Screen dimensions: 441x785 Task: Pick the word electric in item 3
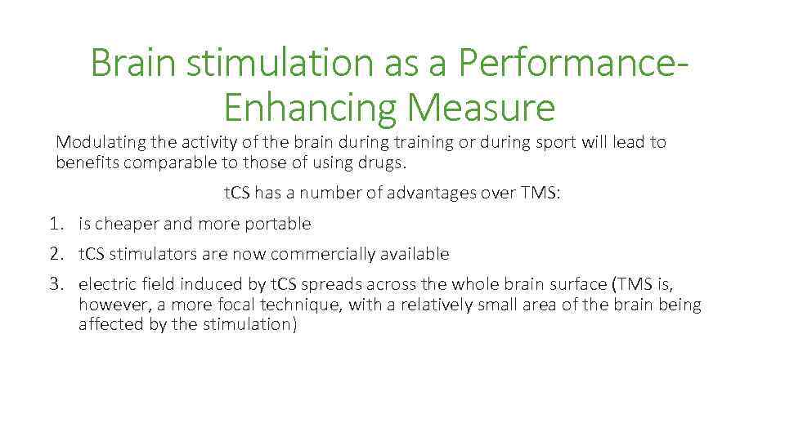pos(105,284)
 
